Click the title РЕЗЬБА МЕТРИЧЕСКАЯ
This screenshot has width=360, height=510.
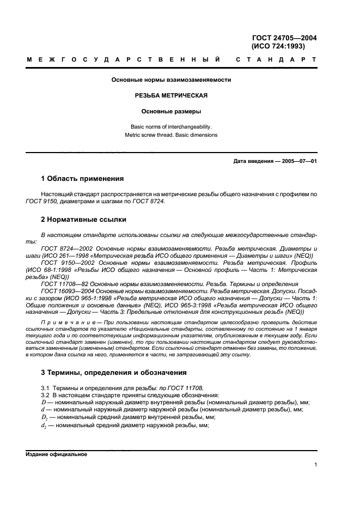click(x=172, y=95)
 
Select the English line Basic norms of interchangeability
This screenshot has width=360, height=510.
click(x=172, y=126)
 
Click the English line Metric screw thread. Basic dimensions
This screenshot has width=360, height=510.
click(x=172, y=135)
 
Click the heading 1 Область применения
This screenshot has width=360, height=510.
click(x=83, y=179)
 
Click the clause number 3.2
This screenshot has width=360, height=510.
click(x=46, y=394)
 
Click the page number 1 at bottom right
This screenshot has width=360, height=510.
click(x=315, y=465)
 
